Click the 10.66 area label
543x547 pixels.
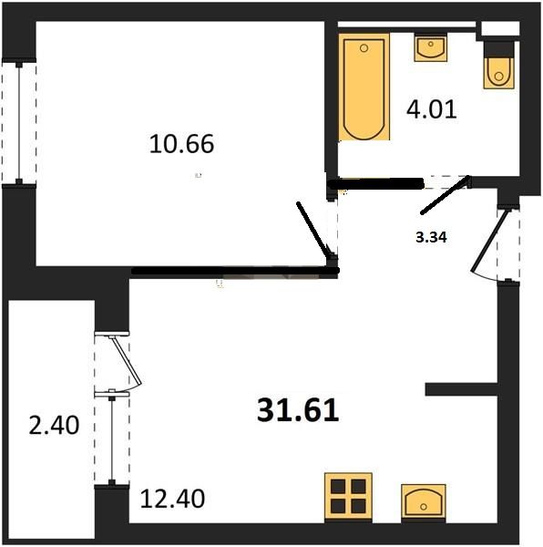tap(181, 144)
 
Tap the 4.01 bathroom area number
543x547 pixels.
tap(432, 109)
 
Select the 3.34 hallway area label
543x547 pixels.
tap(432, 238)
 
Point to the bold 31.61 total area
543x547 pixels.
tap(298, 410)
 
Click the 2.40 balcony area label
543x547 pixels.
tap(54, 425)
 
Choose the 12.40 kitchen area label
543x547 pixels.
tap(172, 498)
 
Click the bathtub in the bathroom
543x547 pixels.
tap(364, 88)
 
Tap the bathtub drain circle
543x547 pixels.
tap(364, 48)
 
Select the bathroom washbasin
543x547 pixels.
tap(431, 48)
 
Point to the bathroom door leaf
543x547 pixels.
tap(445, 195)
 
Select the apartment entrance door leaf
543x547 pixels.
tap(489, 241)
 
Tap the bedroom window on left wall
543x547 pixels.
tap(19, 123)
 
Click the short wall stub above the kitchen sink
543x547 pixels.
tap(461, 389)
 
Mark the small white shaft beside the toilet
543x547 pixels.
tap(498, 28)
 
